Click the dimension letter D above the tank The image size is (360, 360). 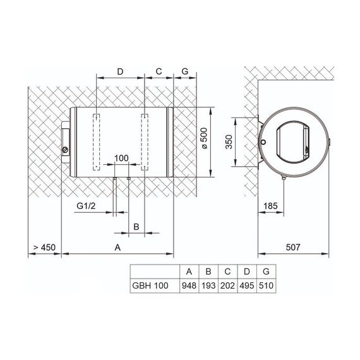click(120, 71)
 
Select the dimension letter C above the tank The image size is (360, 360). click(159, 71)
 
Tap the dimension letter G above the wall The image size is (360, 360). click(185, 71)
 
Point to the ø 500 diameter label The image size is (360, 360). click(205, 138)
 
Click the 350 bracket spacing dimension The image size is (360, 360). click(229, 142)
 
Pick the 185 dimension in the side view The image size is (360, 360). click(270, 206)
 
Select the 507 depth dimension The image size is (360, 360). click(293, 248)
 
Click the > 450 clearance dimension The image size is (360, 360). click(45, 248)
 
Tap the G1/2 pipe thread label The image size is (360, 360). click(86, 206)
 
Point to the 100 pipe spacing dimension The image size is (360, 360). click(121, 158)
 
